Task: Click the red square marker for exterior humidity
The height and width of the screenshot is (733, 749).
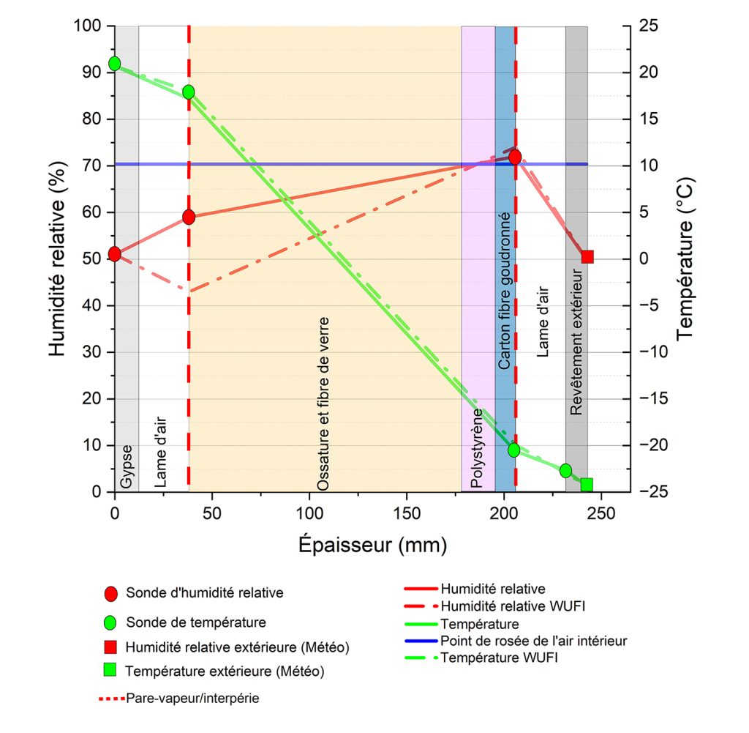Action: coord(587,256)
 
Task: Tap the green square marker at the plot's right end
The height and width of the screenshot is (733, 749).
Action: coord(586,485)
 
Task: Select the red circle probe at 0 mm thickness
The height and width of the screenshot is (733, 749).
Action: coord(114,254)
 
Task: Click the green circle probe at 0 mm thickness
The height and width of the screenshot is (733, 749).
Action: coord(114,64)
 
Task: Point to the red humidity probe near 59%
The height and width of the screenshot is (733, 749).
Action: coord(189,217)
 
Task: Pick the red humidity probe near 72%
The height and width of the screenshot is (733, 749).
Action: coord(515,157)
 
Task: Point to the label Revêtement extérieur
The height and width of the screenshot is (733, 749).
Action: coord(576,343)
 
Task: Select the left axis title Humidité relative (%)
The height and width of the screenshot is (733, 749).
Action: coord(59,258)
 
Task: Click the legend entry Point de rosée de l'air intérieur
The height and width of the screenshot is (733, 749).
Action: coord(533,641)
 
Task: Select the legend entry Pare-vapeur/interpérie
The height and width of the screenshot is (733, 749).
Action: coord(192,698)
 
